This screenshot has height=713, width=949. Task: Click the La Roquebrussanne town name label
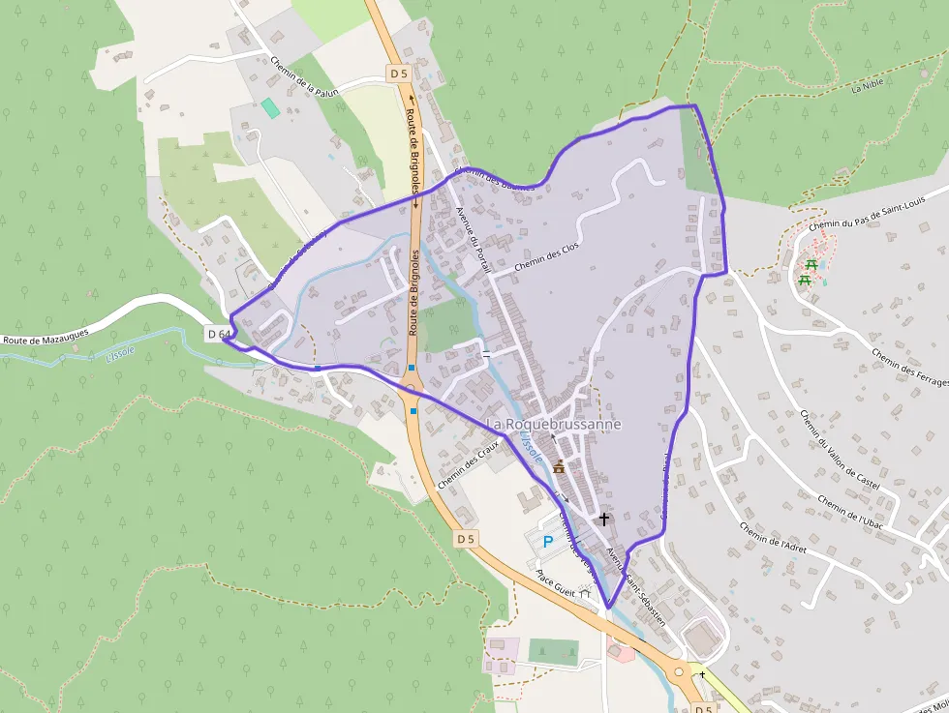click(x=554, y=425)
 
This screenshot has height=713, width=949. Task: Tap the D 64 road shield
click(x=219, y=334)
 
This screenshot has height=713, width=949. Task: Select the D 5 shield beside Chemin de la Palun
click(x=399, y=74)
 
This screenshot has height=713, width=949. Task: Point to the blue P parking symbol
click(x=548, y=542)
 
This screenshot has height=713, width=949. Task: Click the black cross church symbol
click(x=604, y=520)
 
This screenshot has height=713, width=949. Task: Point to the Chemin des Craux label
click(x=467, y=465)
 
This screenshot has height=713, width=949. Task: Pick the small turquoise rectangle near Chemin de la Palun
click(x=270, y=108)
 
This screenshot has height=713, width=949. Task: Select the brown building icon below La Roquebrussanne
click(x=559, y=467)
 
